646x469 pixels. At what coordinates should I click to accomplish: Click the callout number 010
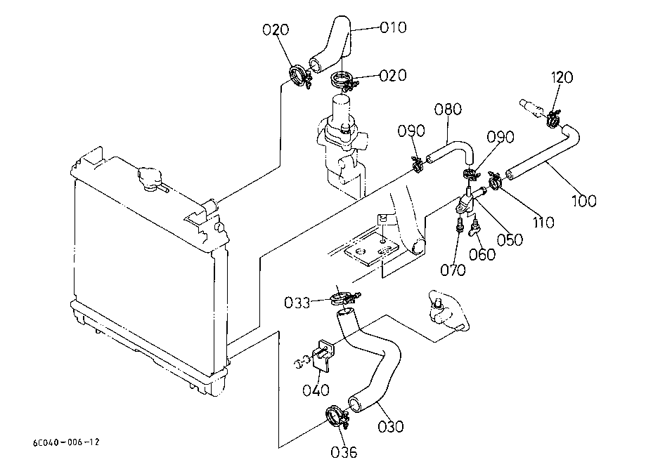393,27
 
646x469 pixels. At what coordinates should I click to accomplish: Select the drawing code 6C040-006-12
66,442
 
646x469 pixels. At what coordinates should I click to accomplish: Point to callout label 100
584,202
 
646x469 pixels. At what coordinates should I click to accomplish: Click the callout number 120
562,77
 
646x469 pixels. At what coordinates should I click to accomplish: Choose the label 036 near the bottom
344,453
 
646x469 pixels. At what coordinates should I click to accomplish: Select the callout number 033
297,303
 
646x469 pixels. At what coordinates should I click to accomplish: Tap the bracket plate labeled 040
323,355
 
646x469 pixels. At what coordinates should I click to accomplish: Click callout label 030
391,427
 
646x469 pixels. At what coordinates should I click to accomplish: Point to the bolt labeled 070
460,224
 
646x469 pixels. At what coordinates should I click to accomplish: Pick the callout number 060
482,255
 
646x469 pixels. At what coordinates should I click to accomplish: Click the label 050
510,240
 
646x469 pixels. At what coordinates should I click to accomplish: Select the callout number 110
544,223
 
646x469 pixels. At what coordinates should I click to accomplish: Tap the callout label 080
448,110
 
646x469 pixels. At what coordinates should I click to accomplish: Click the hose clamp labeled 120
553,119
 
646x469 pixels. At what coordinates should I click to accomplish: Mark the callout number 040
316,390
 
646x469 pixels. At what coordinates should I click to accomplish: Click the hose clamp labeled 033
344,298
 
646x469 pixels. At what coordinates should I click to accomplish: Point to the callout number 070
453,270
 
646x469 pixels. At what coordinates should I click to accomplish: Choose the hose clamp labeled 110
494,180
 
